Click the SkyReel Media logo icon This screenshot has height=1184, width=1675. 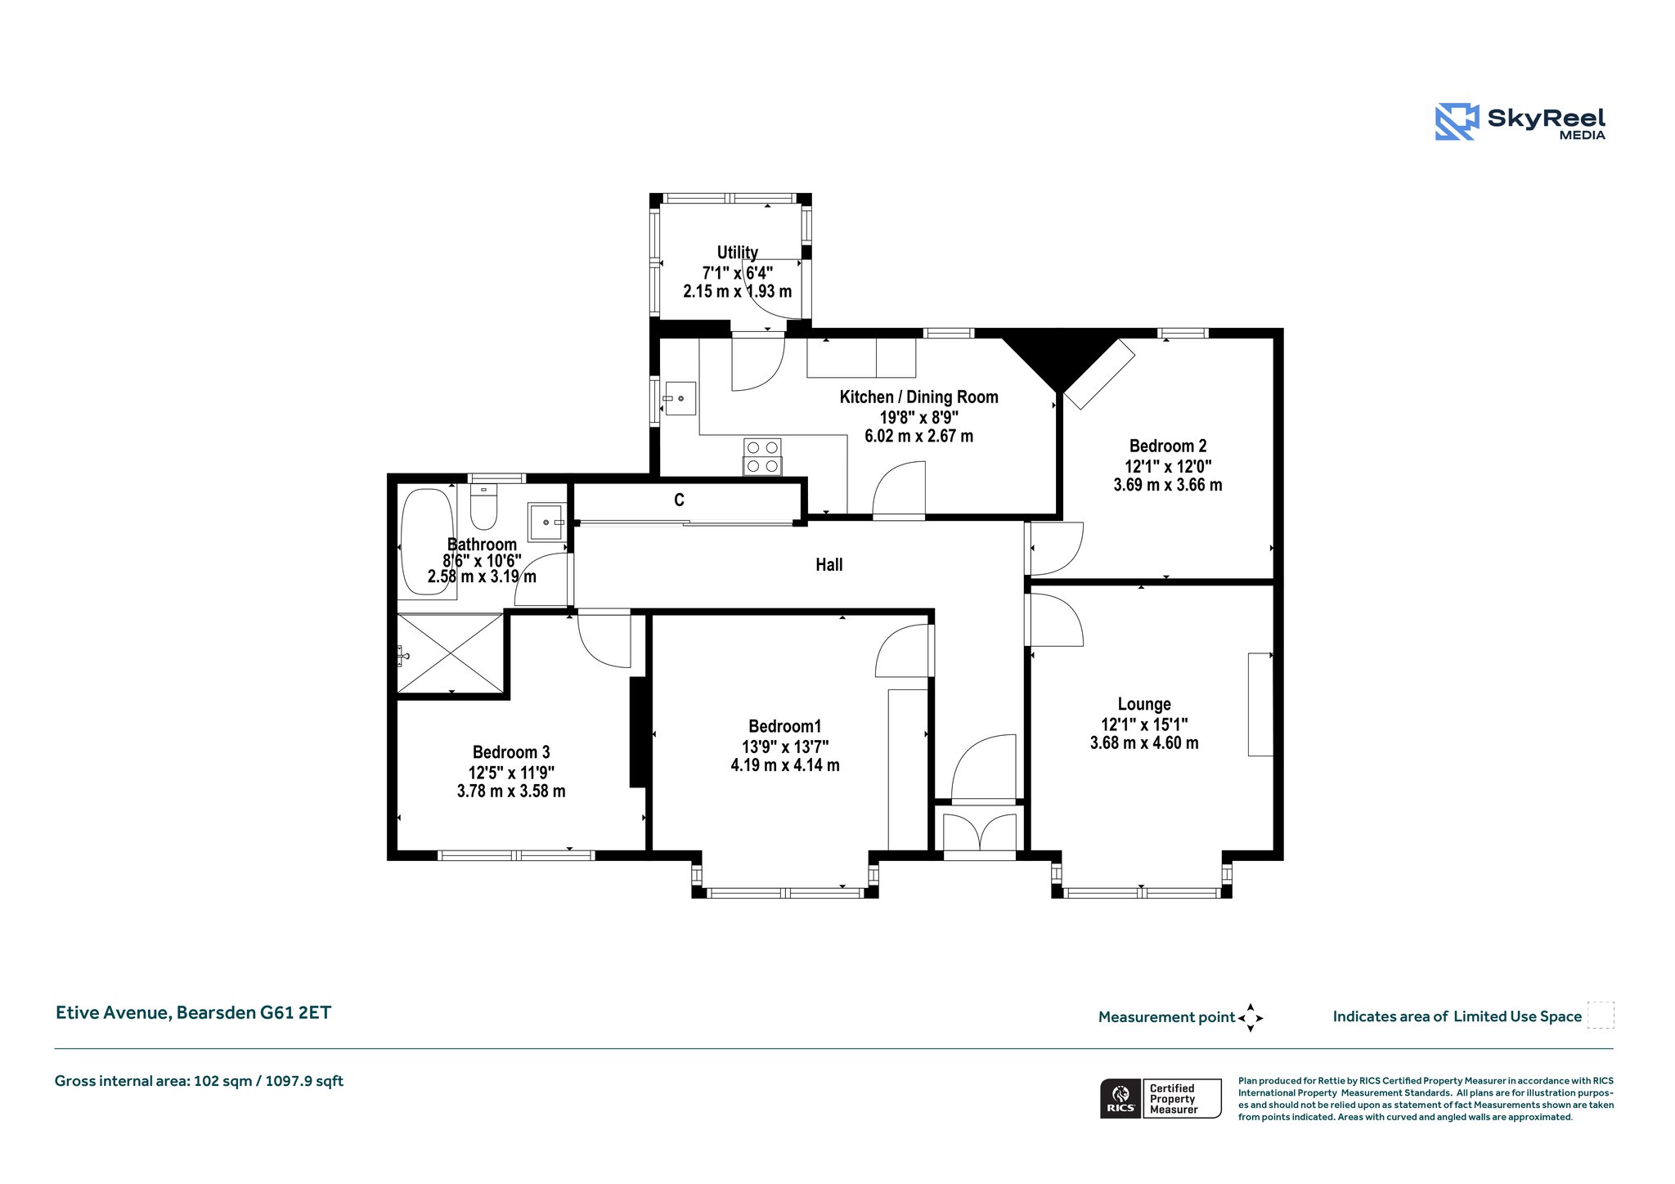(x=1457, y=122)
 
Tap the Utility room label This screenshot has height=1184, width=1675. (x=738, y=253)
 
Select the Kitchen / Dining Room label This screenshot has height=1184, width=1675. (x=919, y=397)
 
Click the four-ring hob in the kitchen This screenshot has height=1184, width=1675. (x=762, y=457)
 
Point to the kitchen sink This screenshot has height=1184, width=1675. (x=679, y=399)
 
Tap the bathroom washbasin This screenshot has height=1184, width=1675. (x=546, y=522)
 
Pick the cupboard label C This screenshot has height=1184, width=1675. (x=679, y=500)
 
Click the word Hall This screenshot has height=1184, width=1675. (x=829, y=564)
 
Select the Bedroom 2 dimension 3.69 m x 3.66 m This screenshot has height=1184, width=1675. (x=1168, y=485)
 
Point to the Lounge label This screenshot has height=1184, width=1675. (x=1144, y=704)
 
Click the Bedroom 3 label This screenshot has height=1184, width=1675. (x=511, y=752)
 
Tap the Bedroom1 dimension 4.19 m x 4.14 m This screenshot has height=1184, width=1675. (x=785, y=765)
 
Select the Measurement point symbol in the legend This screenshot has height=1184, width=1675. (x=1251, y=1018)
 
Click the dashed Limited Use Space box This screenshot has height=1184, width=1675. (x=1601, y=1015)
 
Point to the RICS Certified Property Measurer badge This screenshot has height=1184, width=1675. (x=1161, y=1098)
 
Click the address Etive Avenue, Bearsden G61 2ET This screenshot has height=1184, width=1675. (x=193, y=1013)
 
